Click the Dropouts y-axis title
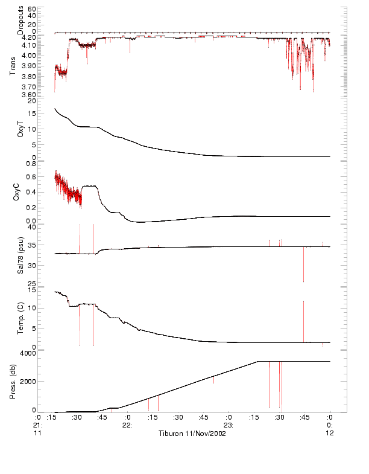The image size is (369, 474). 21,20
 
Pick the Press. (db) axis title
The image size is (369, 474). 13,380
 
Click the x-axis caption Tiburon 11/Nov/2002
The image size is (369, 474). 192,434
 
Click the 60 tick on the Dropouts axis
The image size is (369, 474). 31,10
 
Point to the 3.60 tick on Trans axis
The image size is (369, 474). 27,95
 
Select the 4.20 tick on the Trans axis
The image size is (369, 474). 27,37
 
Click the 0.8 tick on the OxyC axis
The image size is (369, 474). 30,164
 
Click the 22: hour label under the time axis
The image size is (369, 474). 127,425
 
